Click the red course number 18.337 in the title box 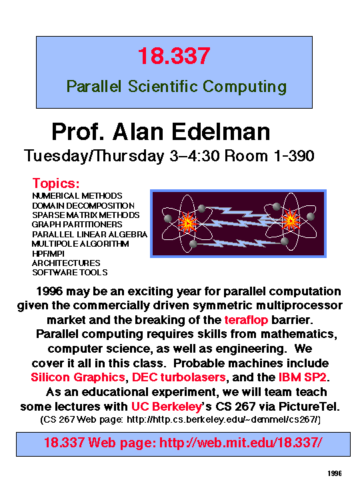point(174,56)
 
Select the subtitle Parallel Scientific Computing point(176,86)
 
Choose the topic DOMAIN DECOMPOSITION point(83,206)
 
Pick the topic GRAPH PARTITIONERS point(77,225)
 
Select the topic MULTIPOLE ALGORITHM point(80,244)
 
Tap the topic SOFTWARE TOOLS point(69,272)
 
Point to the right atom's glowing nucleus point(291,218)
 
